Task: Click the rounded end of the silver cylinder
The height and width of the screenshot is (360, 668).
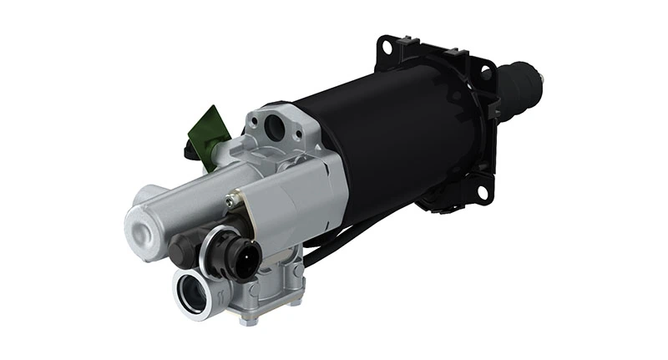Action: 144,224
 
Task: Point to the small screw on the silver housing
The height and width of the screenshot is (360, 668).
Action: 229,200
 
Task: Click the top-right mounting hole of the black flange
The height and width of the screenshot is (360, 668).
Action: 485,74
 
